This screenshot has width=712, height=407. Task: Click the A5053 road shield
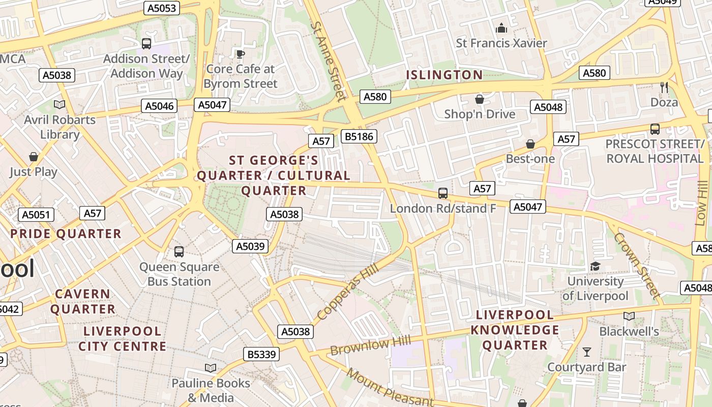(161, 8)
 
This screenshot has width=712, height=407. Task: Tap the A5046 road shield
(159, 106)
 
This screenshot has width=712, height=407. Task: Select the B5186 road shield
(359, 136)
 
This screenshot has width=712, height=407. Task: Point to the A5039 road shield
(250, 246)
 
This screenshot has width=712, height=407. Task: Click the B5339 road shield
(261, 354)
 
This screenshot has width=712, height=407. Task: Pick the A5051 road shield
(36, 215)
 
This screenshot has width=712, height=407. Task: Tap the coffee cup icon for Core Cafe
(240, 54)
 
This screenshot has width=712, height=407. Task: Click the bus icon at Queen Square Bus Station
(179, 251)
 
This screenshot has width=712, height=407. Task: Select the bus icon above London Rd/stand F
(443, 193)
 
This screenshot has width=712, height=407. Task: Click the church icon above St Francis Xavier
(501, 28)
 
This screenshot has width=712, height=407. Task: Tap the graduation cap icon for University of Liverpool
(595, 266)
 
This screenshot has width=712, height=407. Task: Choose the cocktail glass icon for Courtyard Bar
(587, 352)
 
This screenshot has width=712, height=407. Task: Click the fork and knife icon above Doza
(664, 87)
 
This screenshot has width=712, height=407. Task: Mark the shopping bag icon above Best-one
(530, 144)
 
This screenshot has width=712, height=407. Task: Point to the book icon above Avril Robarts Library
(60, 104)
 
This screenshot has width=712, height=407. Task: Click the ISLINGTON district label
(444, 75)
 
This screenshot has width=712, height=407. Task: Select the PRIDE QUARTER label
(66, 234)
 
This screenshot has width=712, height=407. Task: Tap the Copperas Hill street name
(348, 292)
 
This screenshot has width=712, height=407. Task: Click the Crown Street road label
(637, 265)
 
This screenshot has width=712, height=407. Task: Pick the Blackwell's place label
(629, 332)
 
